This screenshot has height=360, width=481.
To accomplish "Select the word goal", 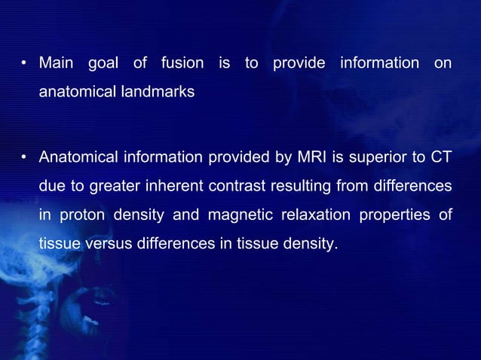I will [103, 64].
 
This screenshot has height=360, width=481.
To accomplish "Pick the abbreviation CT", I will [441, 158].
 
